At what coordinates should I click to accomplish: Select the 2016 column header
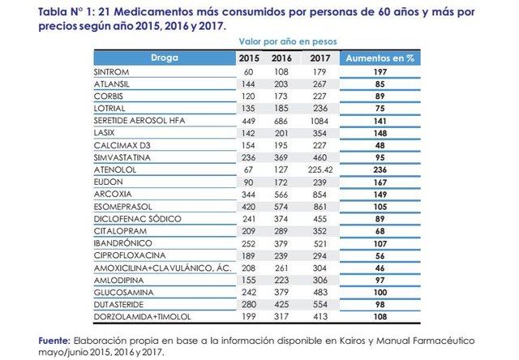coord(281,58)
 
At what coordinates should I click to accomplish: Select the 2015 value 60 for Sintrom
coord(248,71)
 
